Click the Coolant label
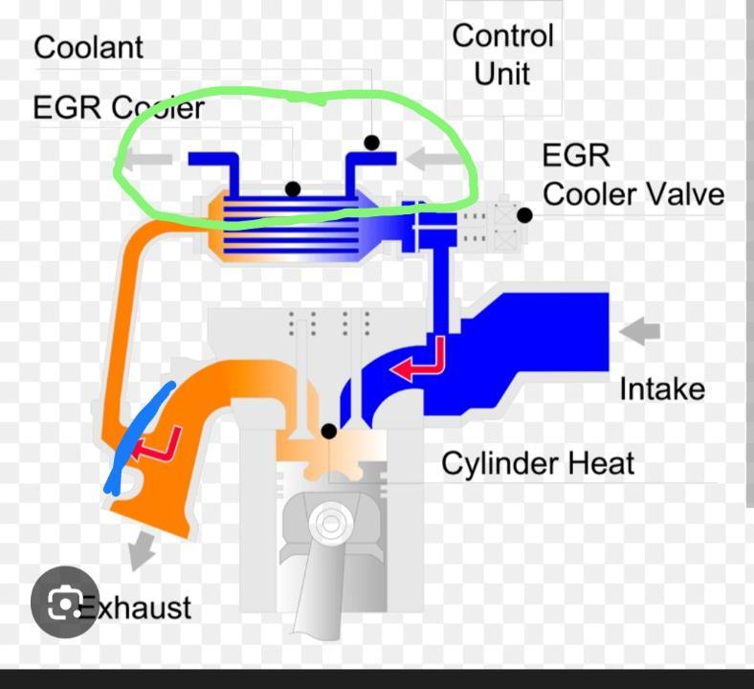[x=88, y=47]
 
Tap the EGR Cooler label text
[x=119, y=107]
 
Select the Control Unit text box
[x=503, y=55]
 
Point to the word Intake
[x=661, y=389]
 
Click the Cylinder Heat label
[x=538, y=464]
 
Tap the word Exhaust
[x=136, y=607]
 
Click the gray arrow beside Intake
[x=640, y=331]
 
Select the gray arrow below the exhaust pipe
[x=143, y=548]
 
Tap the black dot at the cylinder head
[x=328, y=432]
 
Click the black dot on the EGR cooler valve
[x=524, y=216]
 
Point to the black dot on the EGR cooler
[x=293, y=189]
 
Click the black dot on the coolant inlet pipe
[x=371, y=143]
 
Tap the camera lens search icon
[x=64, y=602]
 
